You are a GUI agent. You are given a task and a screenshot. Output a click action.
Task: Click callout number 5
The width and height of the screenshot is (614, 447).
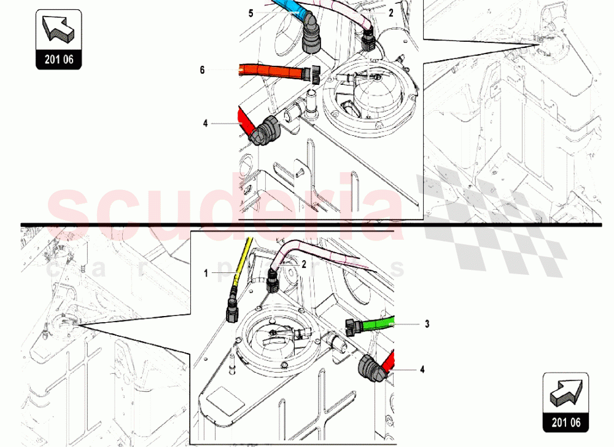pyautogui.click(x=233, y=13)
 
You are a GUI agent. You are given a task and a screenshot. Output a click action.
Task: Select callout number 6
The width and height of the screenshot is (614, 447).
pyautogui.click(x=202, y=70)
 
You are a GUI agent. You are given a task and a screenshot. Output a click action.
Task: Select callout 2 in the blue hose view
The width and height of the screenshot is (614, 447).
pyautogui.click(x=391, y=13)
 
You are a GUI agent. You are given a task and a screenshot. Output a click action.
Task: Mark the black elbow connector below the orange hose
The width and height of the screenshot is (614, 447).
pyautogui.click(x=265, y=130)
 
